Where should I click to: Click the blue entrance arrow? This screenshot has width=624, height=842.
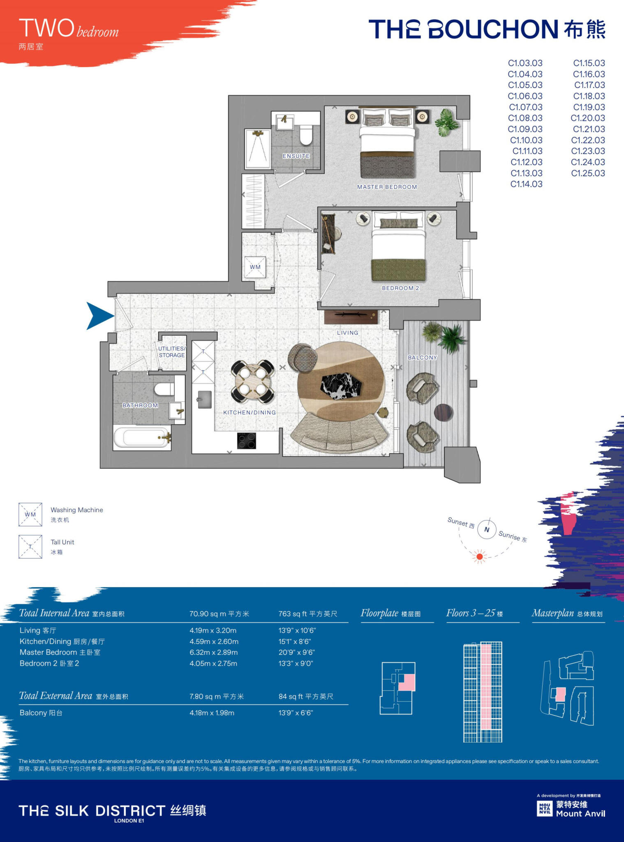coord(99,316)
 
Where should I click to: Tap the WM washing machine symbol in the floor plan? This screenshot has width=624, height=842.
coord(255,267)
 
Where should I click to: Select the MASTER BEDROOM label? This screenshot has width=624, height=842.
coord(387,187)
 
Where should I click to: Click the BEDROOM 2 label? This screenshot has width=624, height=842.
coord(400,288)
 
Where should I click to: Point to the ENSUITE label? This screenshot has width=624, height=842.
coord(296,156)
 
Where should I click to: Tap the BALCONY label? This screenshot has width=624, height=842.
coord(422,358)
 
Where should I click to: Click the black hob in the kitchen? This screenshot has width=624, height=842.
coord(247,441)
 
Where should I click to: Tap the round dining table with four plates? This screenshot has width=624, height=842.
coord(252,382)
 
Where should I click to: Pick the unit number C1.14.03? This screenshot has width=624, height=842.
coord(526,184)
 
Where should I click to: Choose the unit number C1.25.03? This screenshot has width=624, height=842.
coord(588,173)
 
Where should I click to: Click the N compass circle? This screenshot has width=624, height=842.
coord(487,530)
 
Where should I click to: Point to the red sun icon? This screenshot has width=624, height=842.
coord(479,557)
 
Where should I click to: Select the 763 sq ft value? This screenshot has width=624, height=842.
coord(307,614)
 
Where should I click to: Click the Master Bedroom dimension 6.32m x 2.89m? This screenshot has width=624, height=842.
coord(213,652)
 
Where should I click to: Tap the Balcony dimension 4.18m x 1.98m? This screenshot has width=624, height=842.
coord(212,713)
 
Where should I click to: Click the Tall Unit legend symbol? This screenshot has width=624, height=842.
coord(30,546)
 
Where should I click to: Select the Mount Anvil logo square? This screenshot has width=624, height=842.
coord(545,809)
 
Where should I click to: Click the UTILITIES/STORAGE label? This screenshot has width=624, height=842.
coord(172,352)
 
